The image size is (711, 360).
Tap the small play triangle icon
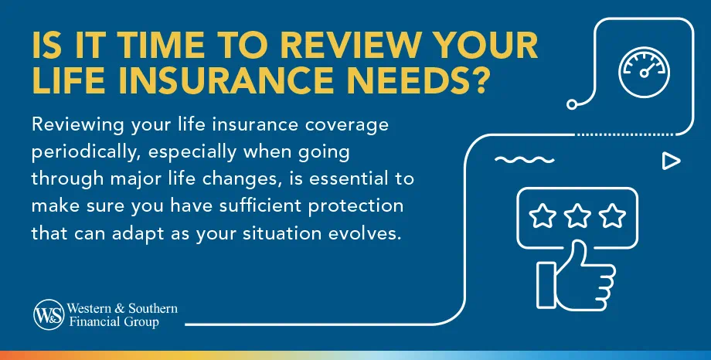point(670,161)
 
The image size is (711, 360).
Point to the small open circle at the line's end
point(572,103)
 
